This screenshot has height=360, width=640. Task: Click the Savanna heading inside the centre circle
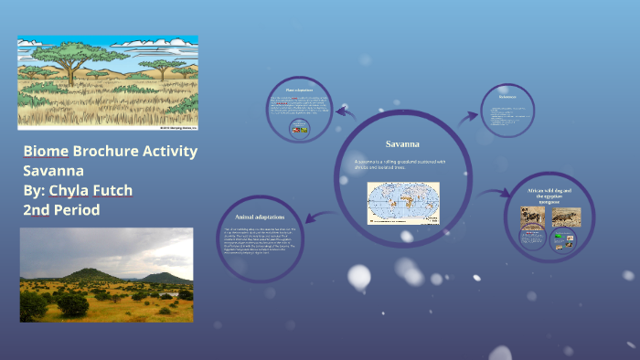tap(402, 143)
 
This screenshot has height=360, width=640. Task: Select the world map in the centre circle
tap(403, 203)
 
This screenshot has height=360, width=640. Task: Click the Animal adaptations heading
tap(261, 217)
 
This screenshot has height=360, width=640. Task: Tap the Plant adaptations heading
tap(299, 90)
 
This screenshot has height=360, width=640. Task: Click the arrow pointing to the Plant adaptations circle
tap(345, 111)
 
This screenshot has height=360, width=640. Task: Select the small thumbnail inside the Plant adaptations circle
tap(299, 129)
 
